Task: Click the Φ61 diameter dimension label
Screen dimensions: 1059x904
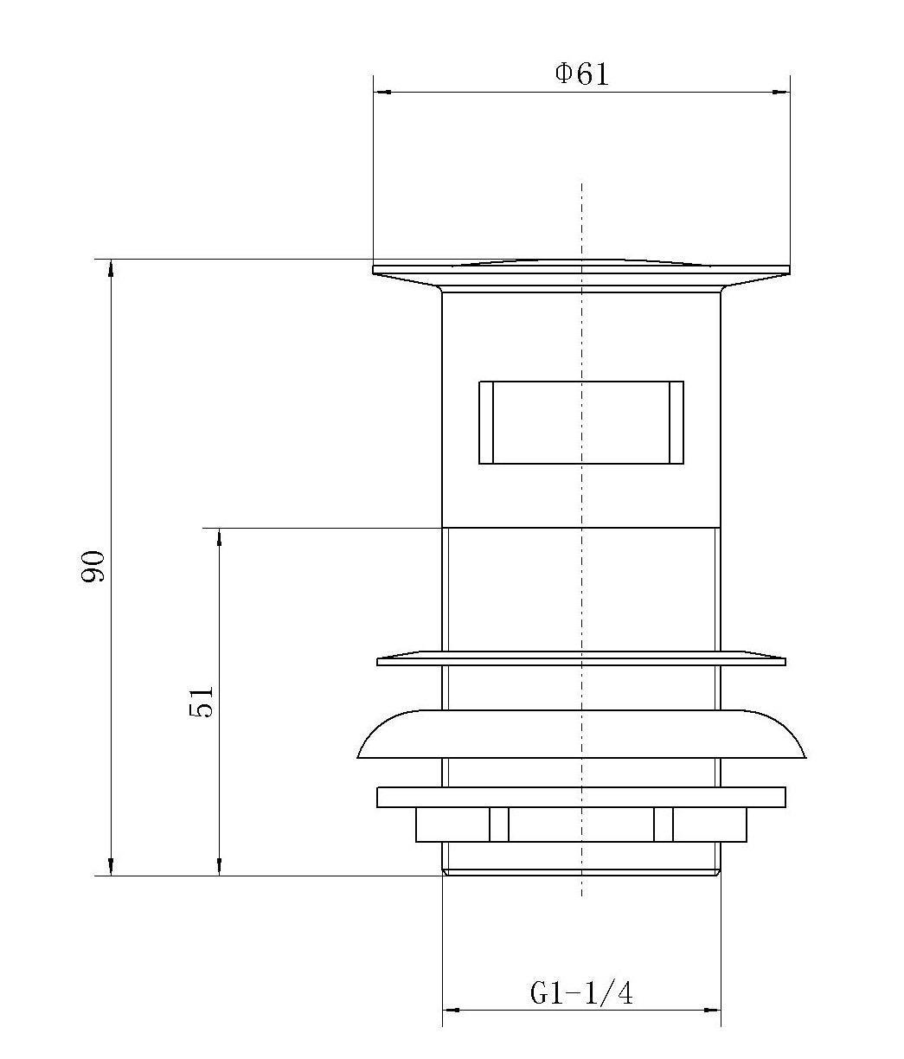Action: click(x=581, y=74)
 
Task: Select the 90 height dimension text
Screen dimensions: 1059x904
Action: click(x=93, y=566)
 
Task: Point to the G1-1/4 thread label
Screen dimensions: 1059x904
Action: click(x=581, y=993)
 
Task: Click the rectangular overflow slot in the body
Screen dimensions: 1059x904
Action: click(x=581, y=422)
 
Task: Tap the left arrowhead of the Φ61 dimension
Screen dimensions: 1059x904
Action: click(x=381, y=91)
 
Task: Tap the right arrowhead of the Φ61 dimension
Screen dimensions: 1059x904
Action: click(x=782, y=91)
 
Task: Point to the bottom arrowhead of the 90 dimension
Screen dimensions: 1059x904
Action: click(x=111, y=867)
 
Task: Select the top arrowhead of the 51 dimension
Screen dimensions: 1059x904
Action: click(x=220, y=536)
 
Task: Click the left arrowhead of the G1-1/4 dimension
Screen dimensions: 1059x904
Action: click(x=450, y=1010)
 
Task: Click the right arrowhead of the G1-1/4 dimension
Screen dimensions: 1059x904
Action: click(x=714, y=1010)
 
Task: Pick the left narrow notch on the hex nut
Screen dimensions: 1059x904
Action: click(x=499, y=825)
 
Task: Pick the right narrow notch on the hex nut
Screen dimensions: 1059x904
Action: click(x=664, y=825)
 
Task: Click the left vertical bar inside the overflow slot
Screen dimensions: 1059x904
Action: click(x=486, y=422)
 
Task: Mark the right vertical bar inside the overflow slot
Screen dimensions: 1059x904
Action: click(x=676, y=422)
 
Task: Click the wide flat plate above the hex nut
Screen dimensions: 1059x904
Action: click(x=581, y=797)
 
